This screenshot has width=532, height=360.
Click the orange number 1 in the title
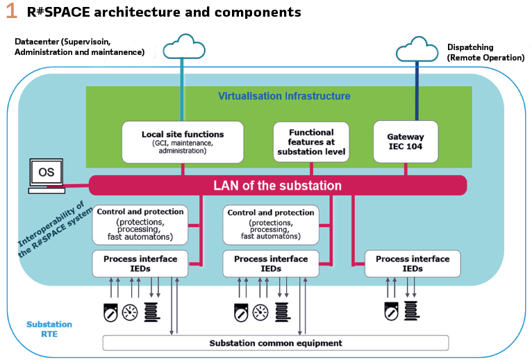point(11,12)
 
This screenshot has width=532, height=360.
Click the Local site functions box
point(183,142)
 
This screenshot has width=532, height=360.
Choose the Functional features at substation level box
point(311,142)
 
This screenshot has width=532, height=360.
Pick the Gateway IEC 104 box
point(405,142)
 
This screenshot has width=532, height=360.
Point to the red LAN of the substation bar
point(277,185)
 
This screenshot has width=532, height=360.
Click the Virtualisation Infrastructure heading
point(284,96)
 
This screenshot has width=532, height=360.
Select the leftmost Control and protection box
point(141,224)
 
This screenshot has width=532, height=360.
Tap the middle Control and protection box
point(271,224)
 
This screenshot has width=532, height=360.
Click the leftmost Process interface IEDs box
point(140,263)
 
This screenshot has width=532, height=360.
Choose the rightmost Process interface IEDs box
point(413,263)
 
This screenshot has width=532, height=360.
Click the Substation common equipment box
point(276,343)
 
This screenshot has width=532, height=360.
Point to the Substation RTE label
point(49,329)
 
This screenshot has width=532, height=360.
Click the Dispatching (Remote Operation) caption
point(485,52)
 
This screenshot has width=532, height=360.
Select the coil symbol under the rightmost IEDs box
point(412,311)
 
